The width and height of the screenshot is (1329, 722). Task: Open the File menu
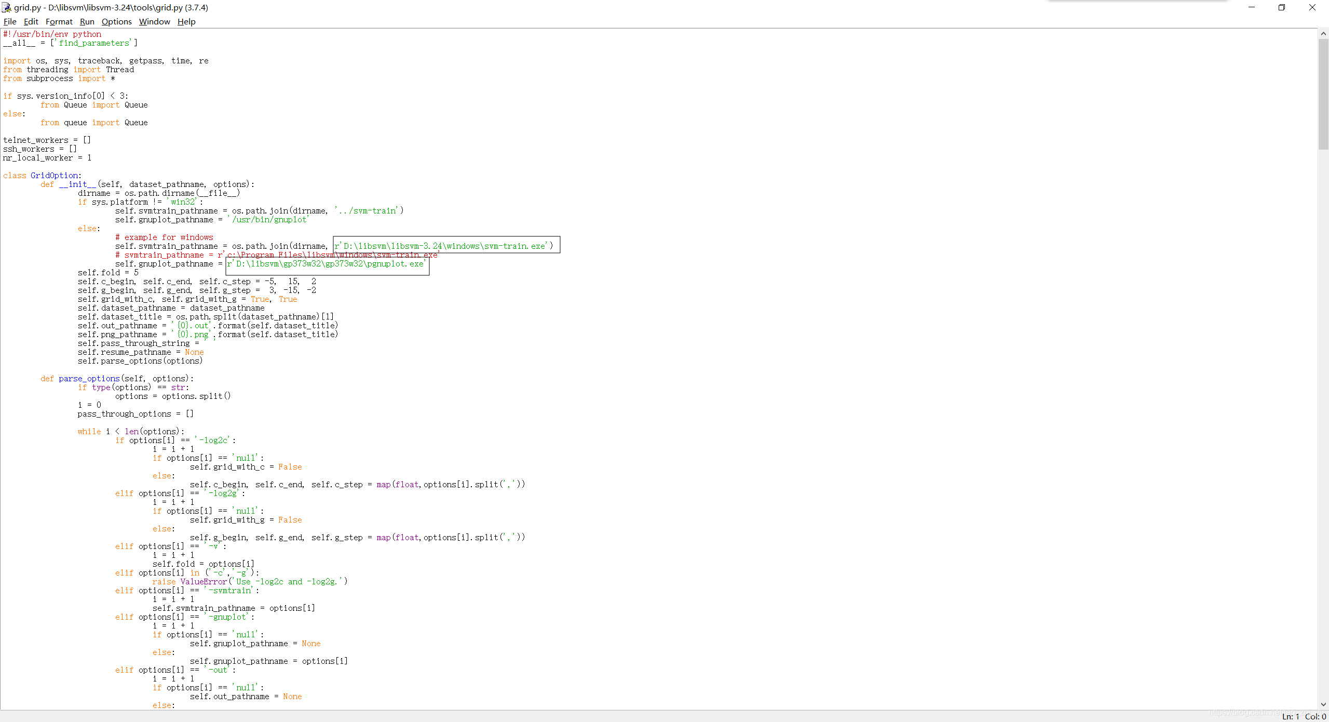pyautogui.click(x=10, y=21)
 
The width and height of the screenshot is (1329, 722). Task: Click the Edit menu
pyautogui.click(x=31, y=21)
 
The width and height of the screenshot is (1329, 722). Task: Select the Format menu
pyautogui.click(x=59, y=21)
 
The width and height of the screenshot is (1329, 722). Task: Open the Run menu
pyautogui.click(x=87, y=21)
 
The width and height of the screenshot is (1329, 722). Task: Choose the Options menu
pyautogui.click(x=116, y=21)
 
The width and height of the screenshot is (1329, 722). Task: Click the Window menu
pyautogui.click(x=154, y=21)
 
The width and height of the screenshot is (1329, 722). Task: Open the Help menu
pyautogui.click(x=186, y=21)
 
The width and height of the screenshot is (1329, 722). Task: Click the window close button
pyautogui.click(x=1312, y=7)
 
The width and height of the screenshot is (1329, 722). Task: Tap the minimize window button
pyautogui.click(x=1252, y=7)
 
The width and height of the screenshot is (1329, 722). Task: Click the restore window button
pyautogui.click(x=1282, y=7)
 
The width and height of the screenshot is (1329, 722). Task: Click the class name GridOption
pyautogui.click(x=55, y=176)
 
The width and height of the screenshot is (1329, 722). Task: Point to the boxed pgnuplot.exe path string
pyautogui.click(x=327, y=264)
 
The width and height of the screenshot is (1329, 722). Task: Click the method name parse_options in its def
pyautogui.click(x=89, y=379)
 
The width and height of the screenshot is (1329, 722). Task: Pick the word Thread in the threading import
pyautogui.click(x=120, y=70)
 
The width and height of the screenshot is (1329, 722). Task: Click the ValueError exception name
pyautogui.click(x=204, y=582)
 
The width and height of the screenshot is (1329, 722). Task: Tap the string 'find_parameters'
pyautogui.click(x=93, y=43)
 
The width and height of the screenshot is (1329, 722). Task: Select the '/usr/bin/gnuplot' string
pyautogui.click(x=268, y=220)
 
